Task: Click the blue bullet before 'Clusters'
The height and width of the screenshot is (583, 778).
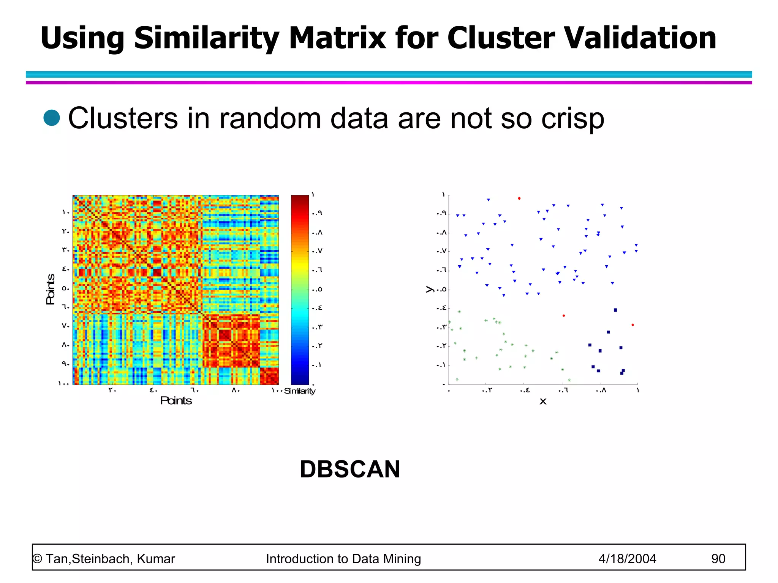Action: (52, 118)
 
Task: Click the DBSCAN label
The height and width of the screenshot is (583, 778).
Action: (349, 469)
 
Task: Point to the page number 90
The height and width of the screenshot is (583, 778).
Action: (718, 559)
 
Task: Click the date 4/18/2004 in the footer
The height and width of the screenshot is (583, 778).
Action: (627, 559)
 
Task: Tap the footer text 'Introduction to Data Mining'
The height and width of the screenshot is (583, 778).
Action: (343, 559)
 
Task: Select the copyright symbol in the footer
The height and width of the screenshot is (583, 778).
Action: (37, 559)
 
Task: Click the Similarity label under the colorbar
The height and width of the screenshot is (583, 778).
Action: (300, 391)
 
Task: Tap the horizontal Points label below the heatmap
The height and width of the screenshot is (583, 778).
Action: (176, 401)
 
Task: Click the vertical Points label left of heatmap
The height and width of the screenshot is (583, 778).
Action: (51, 289)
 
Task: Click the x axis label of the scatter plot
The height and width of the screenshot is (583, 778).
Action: (543, 401)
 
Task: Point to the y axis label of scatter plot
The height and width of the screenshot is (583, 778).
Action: (430, 289)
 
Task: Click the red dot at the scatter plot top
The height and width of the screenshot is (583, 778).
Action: (519, 198)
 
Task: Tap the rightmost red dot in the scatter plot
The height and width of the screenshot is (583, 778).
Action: (633, 325)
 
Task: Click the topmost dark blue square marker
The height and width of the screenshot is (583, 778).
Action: (615, 310)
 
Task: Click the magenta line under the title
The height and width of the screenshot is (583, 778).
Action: (389, 82)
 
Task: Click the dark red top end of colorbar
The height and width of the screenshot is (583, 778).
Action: (300, 198)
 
